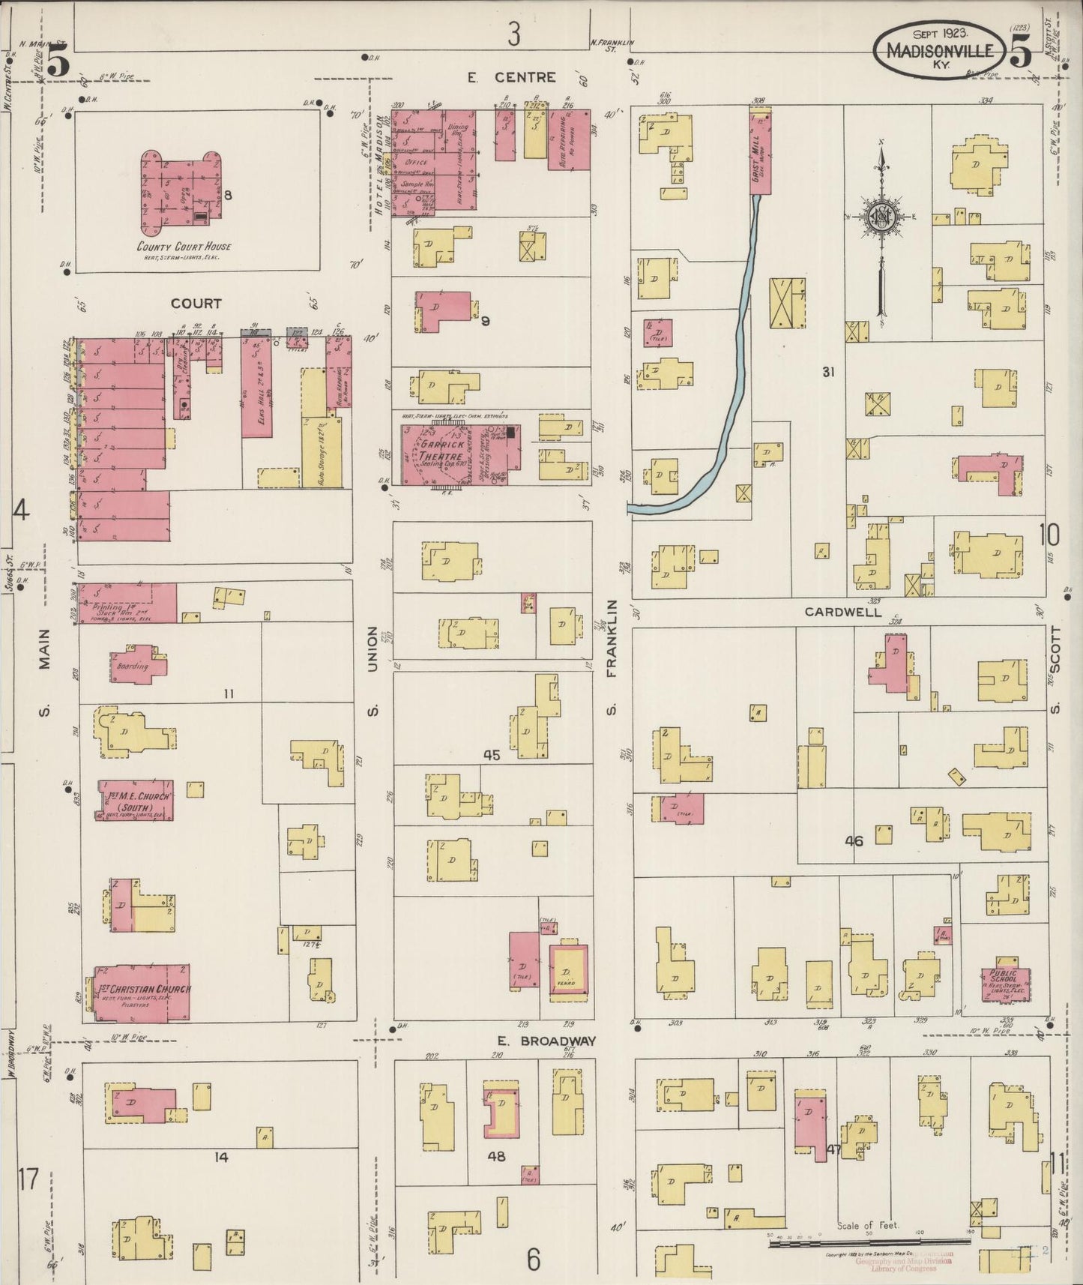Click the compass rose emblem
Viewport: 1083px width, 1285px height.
(881, 218)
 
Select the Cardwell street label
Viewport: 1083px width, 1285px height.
(843, 612)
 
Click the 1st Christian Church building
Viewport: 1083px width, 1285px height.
(142, 993)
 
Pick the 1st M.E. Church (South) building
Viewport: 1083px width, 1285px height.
(136, 801)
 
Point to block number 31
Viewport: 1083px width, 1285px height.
(827, 371)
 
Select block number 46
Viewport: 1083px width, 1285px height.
(854, 840)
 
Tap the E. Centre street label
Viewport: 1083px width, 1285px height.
(512, 77)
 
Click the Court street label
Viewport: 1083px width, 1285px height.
(196, 303)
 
